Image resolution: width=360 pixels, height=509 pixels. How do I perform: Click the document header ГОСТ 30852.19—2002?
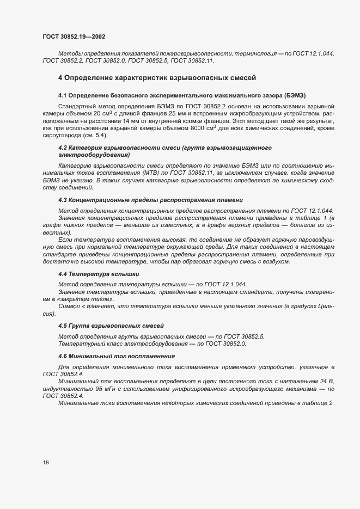(x=74, y=37)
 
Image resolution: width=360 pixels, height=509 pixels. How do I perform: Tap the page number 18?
(x=46, y=462)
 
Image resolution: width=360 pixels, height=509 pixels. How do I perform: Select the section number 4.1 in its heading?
(x=62, y=96)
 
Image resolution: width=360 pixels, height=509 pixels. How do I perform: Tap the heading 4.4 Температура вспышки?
(x=99, y=274)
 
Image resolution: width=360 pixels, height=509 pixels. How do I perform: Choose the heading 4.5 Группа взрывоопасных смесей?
(x=111, y=326)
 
